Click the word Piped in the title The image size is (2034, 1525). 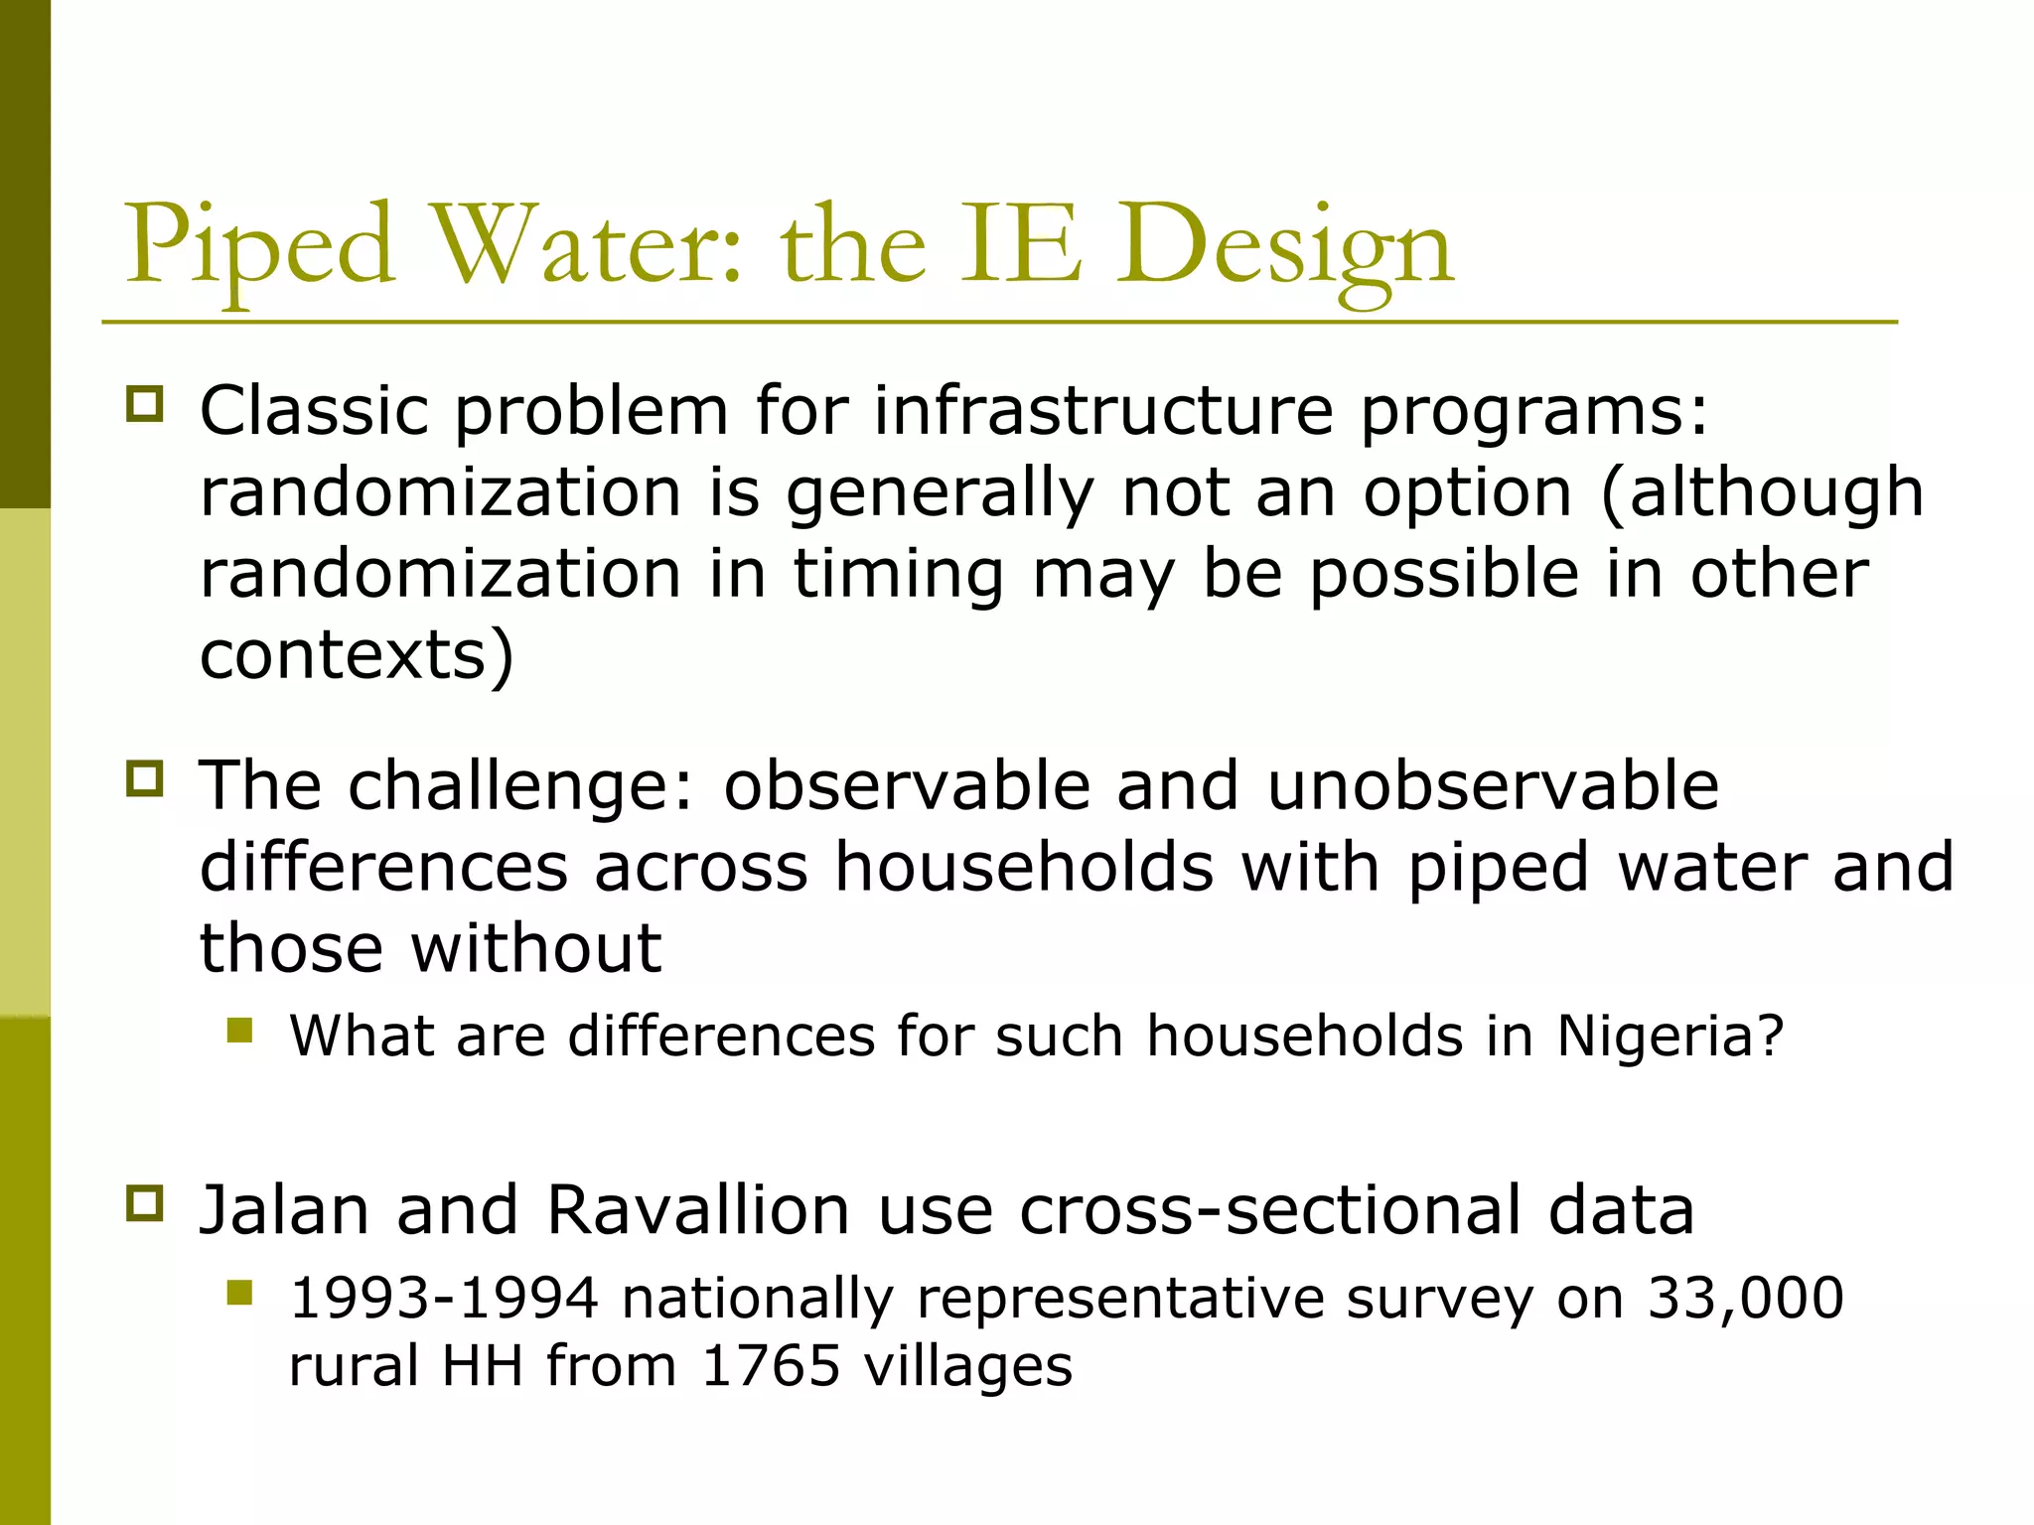[259, 248]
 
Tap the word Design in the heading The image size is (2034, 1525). [1285, 248]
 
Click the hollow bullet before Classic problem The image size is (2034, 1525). [145, 405]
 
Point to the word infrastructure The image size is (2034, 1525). [1103, 410]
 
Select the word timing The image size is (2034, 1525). [898, 575]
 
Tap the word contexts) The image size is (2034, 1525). [357, 656]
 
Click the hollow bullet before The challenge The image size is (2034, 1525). [145, 778]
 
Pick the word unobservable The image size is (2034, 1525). [1493, 785]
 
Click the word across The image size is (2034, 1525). [701, 867]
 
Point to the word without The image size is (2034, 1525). [536, 948]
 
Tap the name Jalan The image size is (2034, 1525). [284, 1211]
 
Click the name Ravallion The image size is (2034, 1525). [698, 1211]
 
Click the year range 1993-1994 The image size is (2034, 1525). [444, 1299]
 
